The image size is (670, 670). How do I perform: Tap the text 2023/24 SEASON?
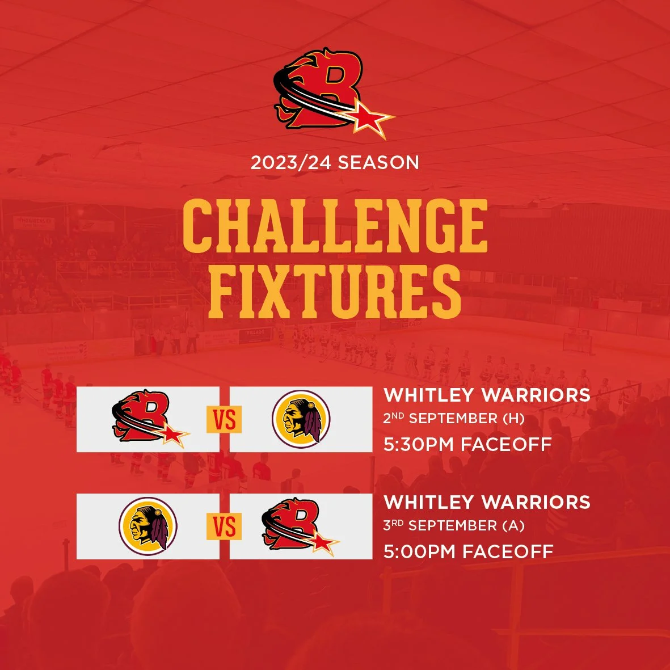(335, 163)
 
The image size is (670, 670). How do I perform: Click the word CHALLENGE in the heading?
(335, 225)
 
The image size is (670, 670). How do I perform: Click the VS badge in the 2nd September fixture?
(224, 420)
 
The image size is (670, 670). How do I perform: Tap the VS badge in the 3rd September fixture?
(224, 527)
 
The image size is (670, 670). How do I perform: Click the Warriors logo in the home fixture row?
(301, 419)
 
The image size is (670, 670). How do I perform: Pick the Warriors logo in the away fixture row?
(148, 526)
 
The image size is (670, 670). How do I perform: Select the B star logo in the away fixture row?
(300, 526)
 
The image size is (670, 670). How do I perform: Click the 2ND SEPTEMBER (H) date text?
(453, 419)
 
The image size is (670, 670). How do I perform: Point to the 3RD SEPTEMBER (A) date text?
(453, 526)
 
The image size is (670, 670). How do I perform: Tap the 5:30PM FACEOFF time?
(467, 444)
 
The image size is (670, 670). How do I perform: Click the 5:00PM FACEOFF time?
(468, 551)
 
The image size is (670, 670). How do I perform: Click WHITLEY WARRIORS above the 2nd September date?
(487, 395)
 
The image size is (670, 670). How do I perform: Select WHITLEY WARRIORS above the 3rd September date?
(487, 502)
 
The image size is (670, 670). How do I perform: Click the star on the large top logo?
(370, 120)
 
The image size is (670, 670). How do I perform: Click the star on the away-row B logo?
(325, 544)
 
